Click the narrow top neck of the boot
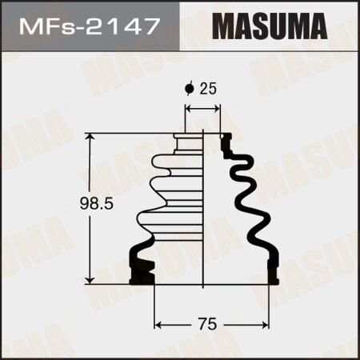[189, 141]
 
